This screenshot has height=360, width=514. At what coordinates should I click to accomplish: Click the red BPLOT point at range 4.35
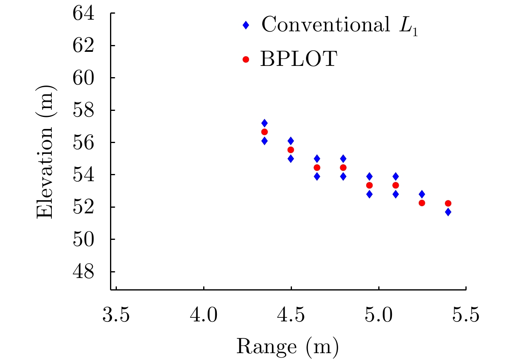click(x=264, y=132)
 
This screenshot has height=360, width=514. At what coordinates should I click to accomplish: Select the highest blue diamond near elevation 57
click(x=264, y=123)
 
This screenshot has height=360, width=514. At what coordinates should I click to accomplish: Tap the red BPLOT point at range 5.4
click(x=448, y=203)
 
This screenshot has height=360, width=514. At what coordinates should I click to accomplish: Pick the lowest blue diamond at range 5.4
click(x=448, y=212)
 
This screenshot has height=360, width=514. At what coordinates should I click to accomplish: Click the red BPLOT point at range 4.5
click(x=291, y=150)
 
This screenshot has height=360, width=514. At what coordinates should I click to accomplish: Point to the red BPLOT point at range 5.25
click(x=422, y=203)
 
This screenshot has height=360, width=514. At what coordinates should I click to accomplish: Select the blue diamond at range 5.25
click(x=422, y=194)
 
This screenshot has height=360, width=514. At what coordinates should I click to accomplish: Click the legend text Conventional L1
click(x=340, y=26)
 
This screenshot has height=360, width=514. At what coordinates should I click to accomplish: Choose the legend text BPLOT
click(x=298, y=60)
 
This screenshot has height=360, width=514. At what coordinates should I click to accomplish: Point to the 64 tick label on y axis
click(x=84, y=13)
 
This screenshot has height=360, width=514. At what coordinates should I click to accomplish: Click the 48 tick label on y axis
click(x=84, y=272)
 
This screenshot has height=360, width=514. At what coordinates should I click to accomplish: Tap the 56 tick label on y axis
click(x=84, y=143)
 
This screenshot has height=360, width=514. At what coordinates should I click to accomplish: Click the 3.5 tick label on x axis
click(x=116, y=314)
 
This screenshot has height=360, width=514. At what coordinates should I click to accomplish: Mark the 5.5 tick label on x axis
click(x=465, y=314)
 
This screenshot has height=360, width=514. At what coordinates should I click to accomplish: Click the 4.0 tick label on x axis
click(x=204, y=314)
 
